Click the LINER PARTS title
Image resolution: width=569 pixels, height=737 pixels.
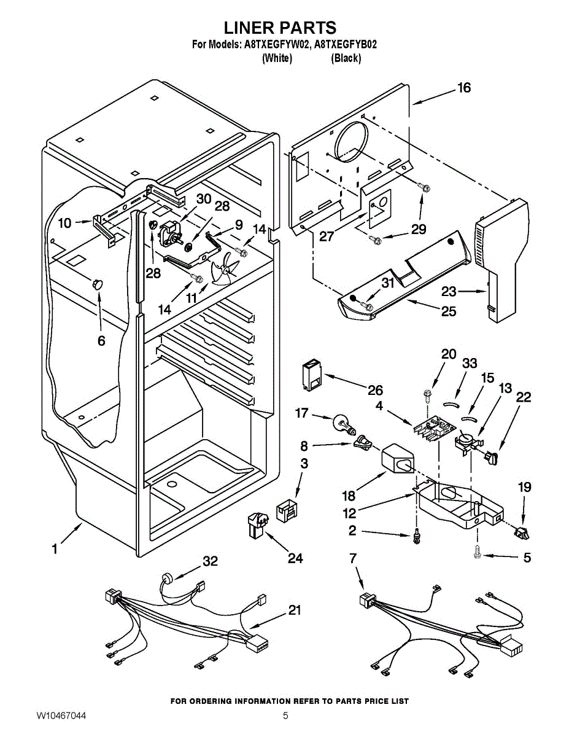click(279, 28)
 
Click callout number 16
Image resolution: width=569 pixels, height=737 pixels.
click(463, 88)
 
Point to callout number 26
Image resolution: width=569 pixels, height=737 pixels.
click(375, 390)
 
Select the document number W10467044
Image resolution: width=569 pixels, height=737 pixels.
click(61, 716)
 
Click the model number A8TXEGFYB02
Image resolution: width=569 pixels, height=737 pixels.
click(346, 44)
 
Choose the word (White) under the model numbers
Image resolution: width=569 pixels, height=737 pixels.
click(277, 58)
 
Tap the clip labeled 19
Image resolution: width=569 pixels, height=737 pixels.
click(521, 532)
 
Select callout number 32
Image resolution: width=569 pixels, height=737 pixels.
click(211, 561)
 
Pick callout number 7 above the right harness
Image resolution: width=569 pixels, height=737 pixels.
click(352, 558)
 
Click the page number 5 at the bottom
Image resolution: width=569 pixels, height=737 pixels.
click(285, 716)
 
